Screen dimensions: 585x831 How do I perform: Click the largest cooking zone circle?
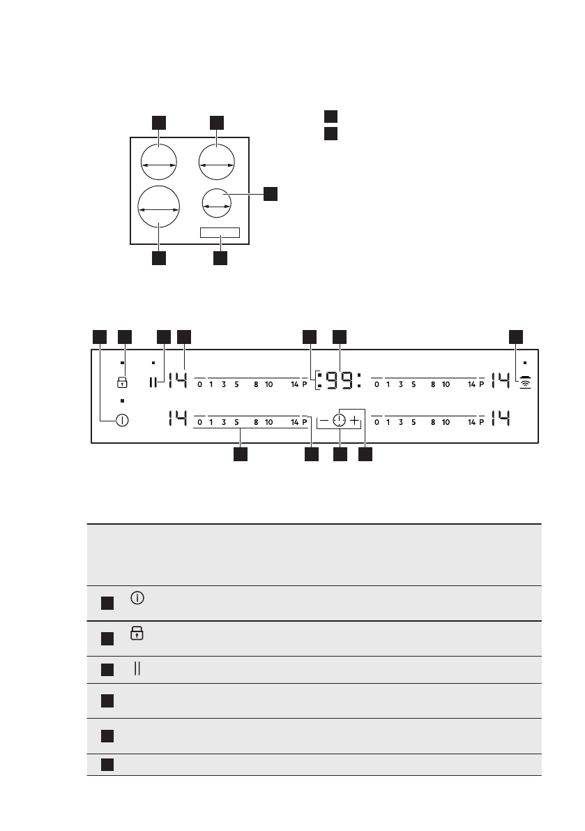pyautogui.click(x=158, y=208)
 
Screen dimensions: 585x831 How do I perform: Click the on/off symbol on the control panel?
pyautogui.click(x=123, y=420)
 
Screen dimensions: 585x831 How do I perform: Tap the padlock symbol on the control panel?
pyautogui.click(x=123, y=382)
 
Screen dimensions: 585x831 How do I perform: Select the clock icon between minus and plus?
pyautogui.click(x=339, y=421)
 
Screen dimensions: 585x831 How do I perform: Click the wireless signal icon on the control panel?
pyautogui.click(x=524, y=382)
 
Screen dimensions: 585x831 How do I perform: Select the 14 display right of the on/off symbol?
pyautogui.click(x=177, y=420)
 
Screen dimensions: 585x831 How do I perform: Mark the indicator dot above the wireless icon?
pyautogui.click(x=524, y=364)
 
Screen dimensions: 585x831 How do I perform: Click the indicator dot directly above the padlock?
pyautogui.click(x=122, y=364)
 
